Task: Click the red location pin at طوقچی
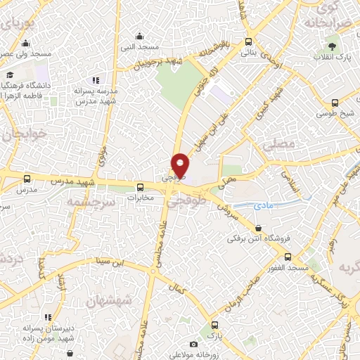(x=181, y=165)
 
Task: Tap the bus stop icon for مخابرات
(x=140, y=187)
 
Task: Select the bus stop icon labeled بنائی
(x=249, y=41)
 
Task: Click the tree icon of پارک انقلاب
(x=341, y=46)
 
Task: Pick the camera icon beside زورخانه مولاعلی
(x=194, y=345)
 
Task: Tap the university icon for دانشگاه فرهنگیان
(x=10, y=75)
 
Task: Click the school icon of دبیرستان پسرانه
(x=48, y=318)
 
